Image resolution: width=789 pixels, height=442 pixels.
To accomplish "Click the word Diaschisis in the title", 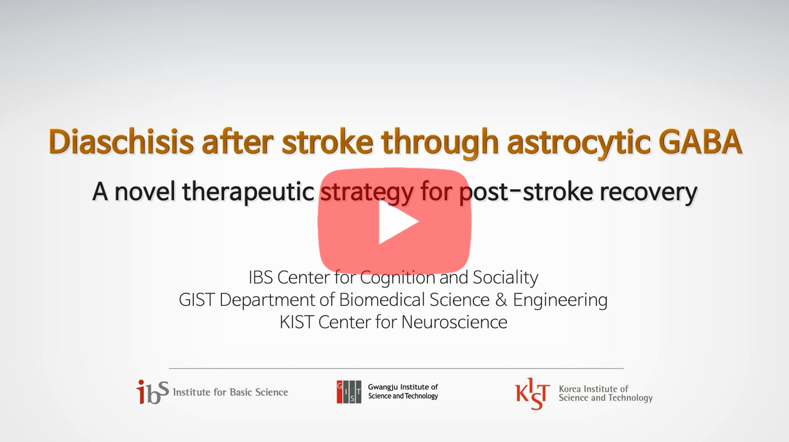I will coord(121,142).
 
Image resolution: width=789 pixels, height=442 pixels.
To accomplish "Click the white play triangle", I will coord(396,222).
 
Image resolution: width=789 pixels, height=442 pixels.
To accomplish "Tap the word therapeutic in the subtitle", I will coord(248,192).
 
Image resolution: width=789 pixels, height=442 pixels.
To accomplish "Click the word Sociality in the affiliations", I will coord(505,277).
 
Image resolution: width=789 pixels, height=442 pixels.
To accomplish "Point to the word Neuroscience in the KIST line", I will coord(454,322).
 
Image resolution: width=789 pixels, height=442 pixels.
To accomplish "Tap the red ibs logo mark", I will coord(152,392).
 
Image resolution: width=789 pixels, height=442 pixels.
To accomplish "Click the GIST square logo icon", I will coord(348,392).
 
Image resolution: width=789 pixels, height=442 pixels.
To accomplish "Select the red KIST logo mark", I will coord(532,393).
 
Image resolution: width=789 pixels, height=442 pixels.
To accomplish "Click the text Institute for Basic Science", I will coord(230,392).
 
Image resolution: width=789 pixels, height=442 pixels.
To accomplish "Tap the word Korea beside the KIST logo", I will coord(570,389).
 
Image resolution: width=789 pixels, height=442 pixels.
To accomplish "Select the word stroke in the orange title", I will coord(327,142).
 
